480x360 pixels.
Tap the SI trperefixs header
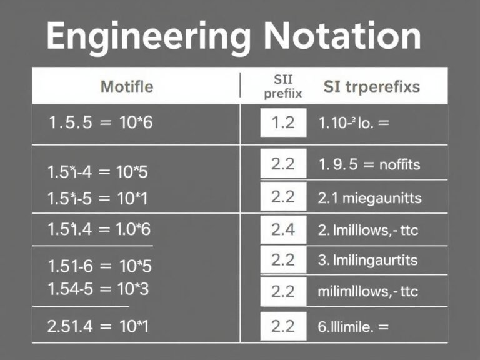371,86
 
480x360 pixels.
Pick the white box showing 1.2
283,122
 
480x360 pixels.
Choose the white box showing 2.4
283,229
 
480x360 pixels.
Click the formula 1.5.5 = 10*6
100,122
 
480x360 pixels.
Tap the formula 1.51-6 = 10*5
99,266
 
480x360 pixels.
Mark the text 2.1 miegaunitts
370,198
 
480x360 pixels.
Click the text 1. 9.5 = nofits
369,165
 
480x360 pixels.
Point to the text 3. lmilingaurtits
367,259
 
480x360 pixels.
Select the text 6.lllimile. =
353,325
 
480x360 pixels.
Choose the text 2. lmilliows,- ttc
368,229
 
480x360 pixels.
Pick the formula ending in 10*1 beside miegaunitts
102,199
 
